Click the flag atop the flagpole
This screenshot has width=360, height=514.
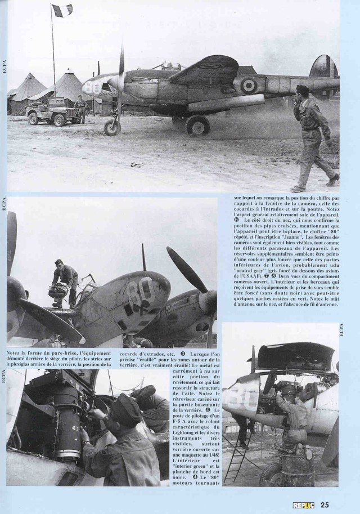62,11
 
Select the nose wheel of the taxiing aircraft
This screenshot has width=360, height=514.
112,127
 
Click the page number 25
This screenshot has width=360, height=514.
325,504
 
